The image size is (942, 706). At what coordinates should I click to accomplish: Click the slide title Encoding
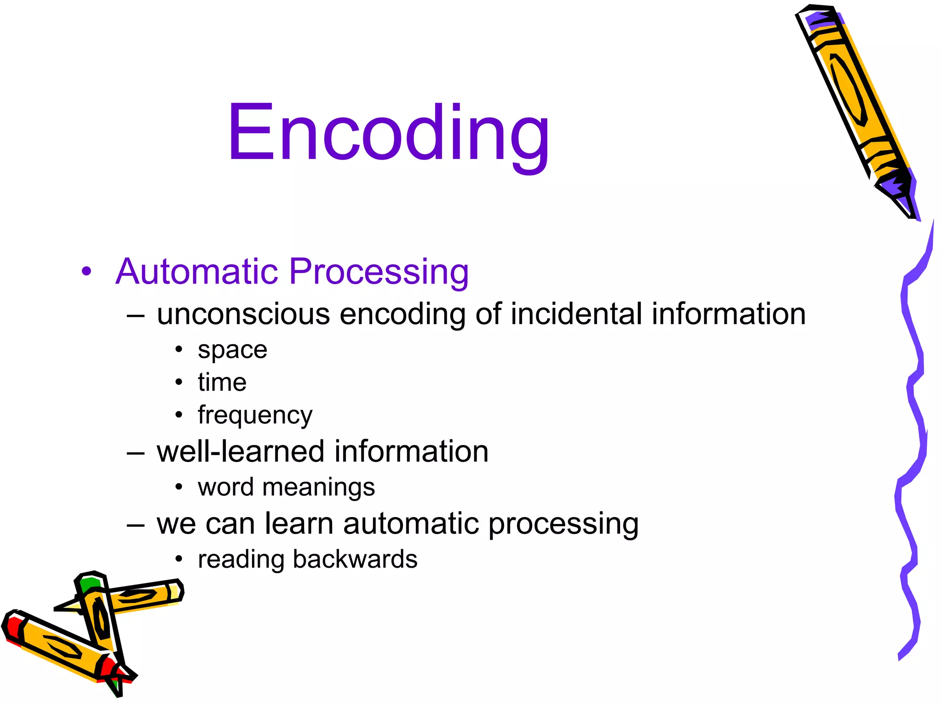pyautogui.click(x=389, y=133)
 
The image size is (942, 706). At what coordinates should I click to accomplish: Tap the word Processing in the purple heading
pyautogui.click(x=379, y=272)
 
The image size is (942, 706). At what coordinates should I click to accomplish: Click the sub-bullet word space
pyautogui.click(x=232, y=350)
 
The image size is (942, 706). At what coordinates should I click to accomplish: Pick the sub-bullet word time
pyautogui.click(x=222, y=382)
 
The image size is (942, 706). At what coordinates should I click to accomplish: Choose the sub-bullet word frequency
pyautogui.click(x=255, y=416)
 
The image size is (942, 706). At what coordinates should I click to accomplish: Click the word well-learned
pyautogui.click(x=241, y=451)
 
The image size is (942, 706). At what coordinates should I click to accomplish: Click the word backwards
pyautogui.click(x=355, y=559)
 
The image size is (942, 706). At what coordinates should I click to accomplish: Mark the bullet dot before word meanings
pyautogui.click(x=179, y=487)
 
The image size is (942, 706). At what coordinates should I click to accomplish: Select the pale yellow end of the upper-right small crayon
pyautogui.click(x=175, y=591)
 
